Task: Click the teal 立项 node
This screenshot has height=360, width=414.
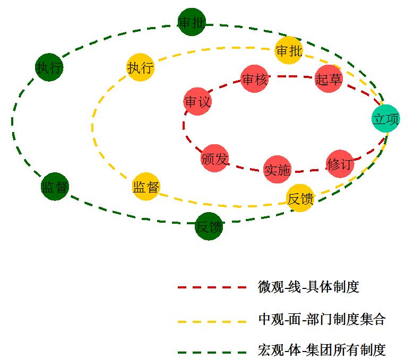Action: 385,119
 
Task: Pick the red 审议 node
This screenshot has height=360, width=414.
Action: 197,102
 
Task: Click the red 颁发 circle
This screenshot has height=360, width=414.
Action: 214,158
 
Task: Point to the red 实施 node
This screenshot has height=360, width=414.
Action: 277,170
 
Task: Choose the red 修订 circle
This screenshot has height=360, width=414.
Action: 339,164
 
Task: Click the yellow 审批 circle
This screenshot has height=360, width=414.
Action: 289,50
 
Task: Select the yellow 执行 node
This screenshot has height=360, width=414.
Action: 140,67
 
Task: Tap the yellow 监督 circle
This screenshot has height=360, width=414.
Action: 146,187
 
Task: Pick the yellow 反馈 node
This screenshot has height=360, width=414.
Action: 300,198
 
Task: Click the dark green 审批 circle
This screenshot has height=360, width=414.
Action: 192,22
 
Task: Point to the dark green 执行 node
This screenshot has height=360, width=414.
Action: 49,67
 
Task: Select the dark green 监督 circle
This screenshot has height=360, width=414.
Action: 55,187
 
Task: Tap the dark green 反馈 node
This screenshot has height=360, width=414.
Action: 209,226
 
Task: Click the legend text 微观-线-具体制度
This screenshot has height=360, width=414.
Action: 308,287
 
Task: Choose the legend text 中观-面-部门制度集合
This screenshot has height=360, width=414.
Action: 322,319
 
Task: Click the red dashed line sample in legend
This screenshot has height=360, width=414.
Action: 212,287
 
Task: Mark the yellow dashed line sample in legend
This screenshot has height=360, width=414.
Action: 212,320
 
